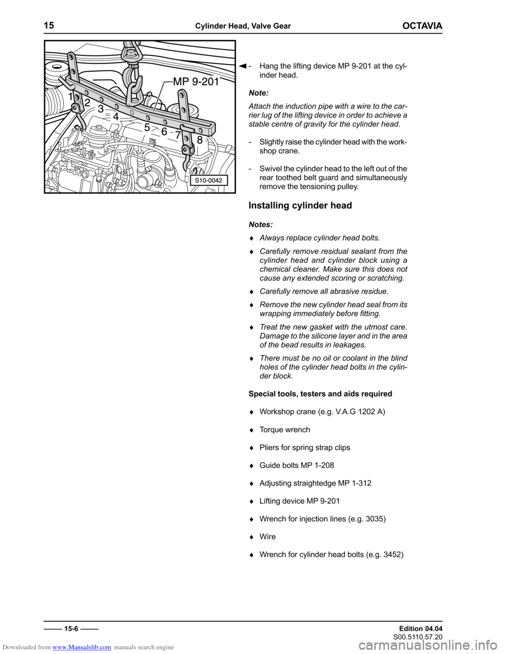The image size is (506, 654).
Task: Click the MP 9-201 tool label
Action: coord(196,82)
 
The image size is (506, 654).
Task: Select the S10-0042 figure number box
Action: coord(209,181)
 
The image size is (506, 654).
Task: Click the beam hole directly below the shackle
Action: coord(132,112)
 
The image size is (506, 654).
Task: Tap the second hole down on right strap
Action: coord(183,109)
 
